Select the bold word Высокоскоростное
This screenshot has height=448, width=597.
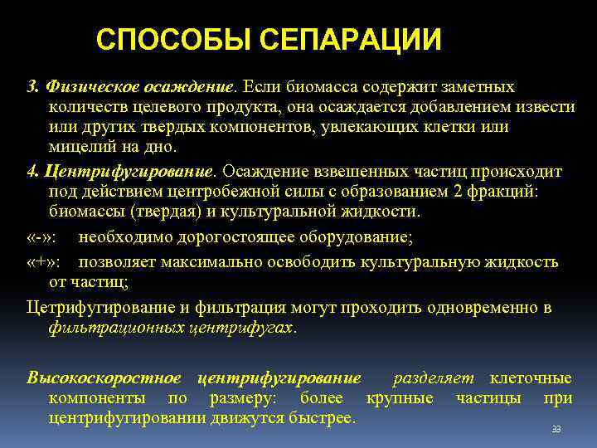coord(106,377)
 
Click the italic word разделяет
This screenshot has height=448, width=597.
coord(434,377)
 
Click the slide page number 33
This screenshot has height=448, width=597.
coord(556,429)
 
